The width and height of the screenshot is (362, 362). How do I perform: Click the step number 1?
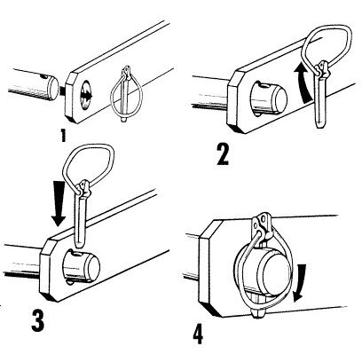coord(63,137)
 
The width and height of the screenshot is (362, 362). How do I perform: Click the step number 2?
coord(223,153)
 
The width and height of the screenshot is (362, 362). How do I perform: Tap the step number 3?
coord(37,321)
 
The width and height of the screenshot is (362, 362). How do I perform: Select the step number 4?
coord(198,334)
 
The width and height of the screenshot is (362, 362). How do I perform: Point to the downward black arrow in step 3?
coord(59,204)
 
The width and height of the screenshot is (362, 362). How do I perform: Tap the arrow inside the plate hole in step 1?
coord(87,96)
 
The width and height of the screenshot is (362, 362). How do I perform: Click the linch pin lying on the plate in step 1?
coord(127,93)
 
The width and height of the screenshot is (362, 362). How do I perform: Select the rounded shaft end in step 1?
coord(51,88)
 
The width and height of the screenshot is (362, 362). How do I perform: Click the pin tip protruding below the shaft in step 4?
coord(259,313)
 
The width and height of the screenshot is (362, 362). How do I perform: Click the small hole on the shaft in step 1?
coord(43,76)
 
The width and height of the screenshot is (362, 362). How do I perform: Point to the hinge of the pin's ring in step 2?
coord(322,69)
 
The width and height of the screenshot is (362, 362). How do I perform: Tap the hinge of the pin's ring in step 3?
coord(83,188)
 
